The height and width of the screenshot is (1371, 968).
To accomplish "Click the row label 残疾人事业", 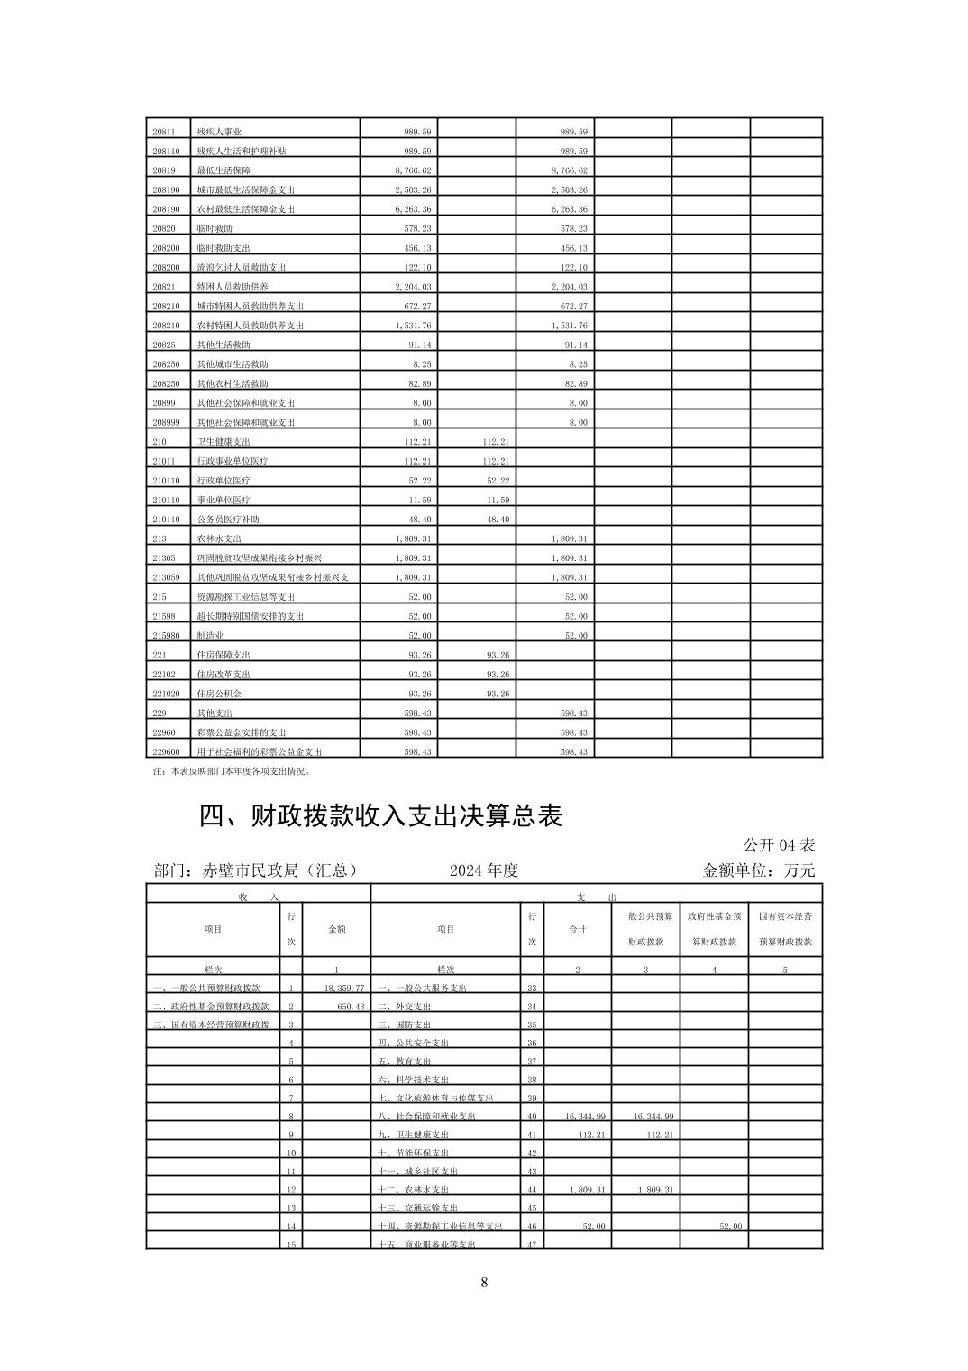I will pyautogui.click(x=219, y=132).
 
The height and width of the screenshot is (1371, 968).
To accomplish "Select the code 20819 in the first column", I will pyautogui.click(x=164, y=170).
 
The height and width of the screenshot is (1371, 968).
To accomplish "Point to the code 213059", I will pyautogui.click(x=167, y=577).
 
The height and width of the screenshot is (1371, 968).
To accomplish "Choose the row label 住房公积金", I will pyautogui.click(x=219, y=694).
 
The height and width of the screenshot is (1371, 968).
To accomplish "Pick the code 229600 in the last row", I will pyautogui.click(x=167, y=751).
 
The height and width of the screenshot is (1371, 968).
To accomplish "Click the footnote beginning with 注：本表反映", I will pyautogui.click(x=232, y=771).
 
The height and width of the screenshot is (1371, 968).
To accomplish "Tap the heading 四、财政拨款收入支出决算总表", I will pyautogui.click(x=380, y=815).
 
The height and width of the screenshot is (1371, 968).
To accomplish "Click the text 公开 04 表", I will pyautogui.click(x=779, y=845).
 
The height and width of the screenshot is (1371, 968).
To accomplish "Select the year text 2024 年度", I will pyautogui.click(x=484, y=870).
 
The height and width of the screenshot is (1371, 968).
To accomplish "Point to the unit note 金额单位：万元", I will pyautogui.click(x=758, y=870).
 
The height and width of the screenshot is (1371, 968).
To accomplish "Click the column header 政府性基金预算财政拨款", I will pyautogui.click(x=714, y=928).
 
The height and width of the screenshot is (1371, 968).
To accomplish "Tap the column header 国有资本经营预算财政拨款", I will pyautogui.click(x=785, y=928).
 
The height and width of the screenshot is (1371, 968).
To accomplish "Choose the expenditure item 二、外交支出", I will pyautogui.click(x=405, y=1007).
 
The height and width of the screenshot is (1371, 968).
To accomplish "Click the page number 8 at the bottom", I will pyautogui.click(x=484, y=1283).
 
